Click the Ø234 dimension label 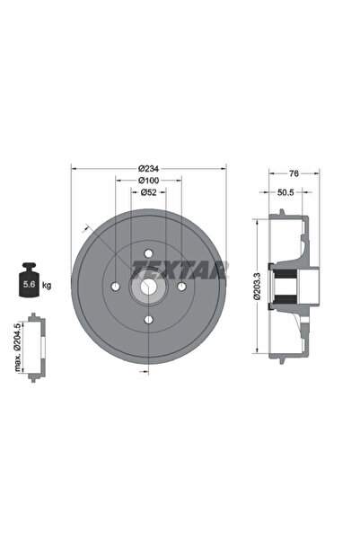pos(149,168)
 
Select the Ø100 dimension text pos(149,181)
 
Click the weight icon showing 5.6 pos(27,281)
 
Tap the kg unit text pos(46,285)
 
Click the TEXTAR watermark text pos(180,268)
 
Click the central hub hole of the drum pos(149,287)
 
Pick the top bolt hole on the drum pos(149,254)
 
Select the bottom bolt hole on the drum pos(149,319)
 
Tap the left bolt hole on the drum pos(117,287)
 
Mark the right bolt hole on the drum pos(181,287)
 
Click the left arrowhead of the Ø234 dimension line pos(74,168)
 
